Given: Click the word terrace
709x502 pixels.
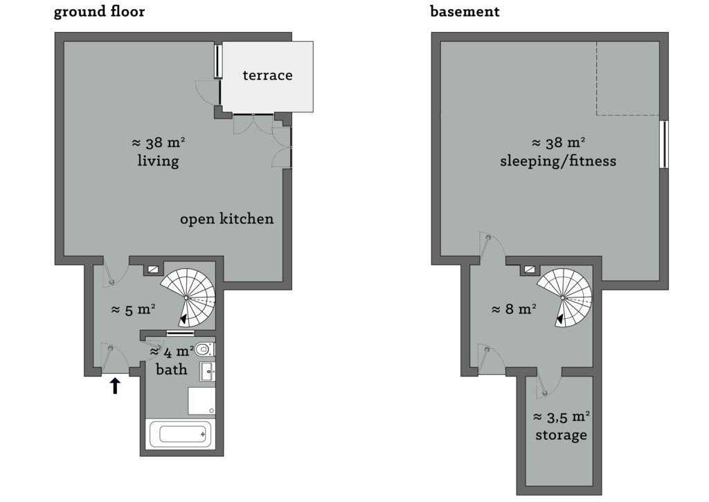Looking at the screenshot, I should click(x=267, y=76).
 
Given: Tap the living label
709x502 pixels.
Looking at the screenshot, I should click(x=158, y=162).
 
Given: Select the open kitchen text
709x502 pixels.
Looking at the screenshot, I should click(x=226, y=219).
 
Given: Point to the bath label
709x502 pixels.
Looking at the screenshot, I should click(x=171, y=370).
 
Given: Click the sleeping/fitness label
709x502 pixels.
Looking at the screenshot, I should click(x=558, y=162).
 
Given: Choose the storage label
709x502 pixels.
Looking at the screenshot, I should click(x=561, y=435).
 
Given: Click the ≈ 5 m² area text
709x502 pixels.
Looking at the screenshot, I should click(x=133, y=310).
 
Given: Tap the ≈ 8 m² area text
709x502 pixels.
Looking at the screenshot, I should click(x=514, y=309).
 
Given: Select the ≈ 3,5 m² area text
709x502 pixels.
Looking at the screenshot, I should click(x=561, y=417).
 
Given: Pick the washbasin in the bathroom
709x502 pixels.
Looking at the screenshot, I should click(x=207, y=371).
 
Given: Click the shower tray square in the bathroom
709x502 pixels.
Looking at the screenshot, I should click(x=201, y=401).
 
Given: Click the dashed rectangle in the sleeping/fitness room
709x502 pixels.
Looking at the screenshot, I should click(x=627, y=78).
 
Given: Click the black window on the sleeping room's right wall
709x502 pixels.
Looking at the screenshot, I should click(x=664, y=144).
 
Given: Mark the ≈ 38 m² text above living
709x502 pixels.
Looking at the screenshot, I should click(x=158, y=144).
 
